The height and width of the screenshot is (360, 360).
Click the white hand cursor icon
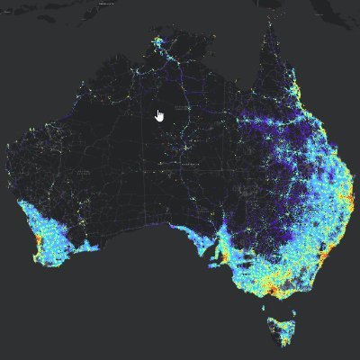tap(159, 115)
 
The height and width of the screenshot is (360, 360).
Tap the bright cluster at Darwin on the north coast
tap(158, 41)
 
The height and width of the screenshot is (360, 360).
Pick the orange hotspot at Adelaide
tap(219, 255)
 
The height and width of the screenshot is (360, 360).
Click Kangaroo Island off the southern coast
tap(210, 267)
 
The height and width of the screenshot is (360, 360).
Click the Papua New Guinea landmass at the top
tap(297, 9)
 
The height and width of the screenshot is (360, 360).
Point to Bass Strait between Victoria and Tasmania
tap(274, 301)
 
